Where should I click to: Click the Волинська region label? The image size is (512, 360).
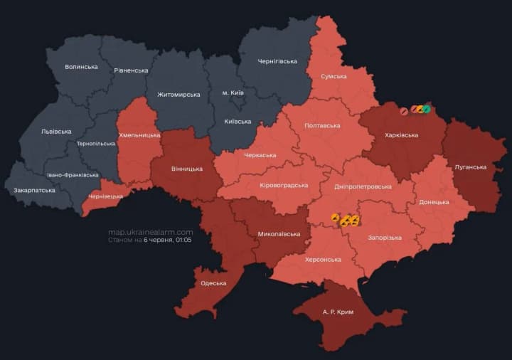(81, 67)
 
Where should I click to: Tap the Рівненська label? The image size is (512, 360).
(131, 70)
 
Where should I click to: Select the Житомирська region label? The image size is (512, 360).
(178, 95)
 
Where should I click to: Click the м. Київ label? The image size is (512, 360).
(233, 93)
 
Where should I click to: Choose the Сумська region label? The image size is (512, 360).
(334, 76)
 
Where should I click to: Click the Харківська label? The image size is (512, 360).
(401, 135)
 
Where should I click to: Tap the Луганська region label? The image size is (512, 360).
(470, 167)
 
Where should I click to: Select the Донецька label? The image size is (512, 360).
(434, 202)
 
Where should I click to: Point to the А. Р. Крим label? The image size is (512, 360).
(338, 312)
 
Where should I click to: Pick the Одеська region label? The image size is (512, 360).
(213, 283)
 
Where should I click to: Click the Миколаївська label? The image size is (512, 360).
(278, 233)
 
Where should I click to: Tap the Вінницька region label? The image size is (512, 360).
(187, 169)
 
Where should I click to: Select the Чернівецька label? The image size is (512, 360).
(105, 196)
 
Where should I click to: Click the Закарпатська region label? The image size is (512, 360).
(34, 191)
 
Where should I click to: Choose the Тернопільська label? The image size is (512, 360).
(96, 144)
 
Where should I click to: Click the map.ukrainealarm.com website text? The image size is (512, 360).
(150, 232)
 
